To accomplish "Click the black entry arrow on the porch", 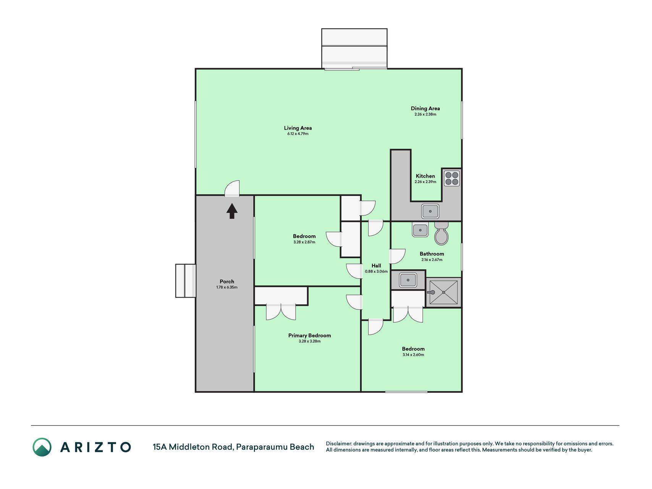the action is pyautogui.click(x=232, y=211).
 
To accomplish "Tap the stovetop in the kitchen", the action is pyautogui.click(x=452, y=178).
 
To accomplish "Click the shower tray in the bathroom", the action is pyautogui.click(x=443, y=292).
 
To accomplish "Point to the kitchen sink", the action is pyautogui.click(x=430, y=211).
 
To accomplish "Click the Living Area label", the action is pyautogui.click(x=298, y=128).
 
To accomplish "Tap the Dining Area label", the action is pyautogui.click(x=425, y=108).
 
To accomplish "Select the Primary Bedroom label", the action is pyautogui.click(x=309, y=335).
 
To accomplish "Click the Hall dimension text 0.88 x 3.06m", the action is pyautogui.click(x=376, y=272).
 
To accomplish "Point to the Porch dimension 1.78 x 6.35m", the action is pyautogui.click(x=227, y=287).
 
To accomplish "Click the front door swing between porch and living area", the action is pyautogui.click(x=232, y=188).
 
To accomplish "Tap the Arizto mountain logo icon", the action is pyautogui.click(x=42, y=447).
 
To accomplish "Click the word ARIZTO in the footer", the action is pyautogui.click(x=95, y=447).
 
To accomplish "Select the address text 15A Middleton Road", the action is pyautogui.click(x=193, y=447).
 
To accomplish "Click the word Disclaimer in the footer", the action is pyautogui.click(x=338, y=444).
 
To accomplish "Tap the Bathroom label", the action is pyautogui.click(x=432, y=254).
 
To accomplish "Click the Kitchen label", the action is pyautogui.click(x=425, y=176).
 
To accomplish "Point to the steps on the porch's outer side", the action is pyautogui.click(x=186, y=281).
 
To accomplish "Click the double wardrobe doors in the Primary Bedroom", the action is pyautogui.click(x=281, y=312).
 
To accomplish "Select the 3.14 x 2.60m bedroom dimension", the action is pyautogui.click(x=413, y=355).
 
